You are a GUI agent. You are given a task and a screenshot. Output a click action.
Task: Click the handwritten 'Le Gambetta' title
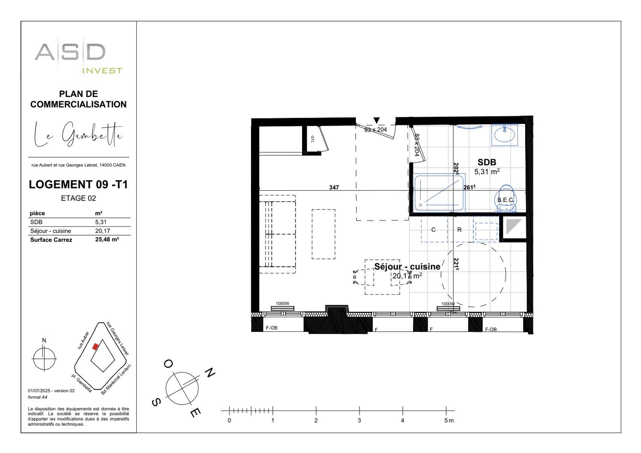point(79,135)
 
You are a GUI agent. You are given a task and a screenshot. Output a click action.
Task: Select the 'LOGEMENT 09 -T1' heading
point(79,184)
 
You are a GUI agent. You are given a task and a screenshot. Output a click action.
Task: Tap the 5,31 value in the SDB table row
point(101,222)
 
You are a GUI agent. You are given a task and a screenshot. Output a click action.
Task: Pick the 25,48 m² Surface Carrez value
point(107,240)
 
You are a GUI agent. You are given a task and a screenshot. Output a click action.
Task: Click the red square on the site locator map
point(96,346)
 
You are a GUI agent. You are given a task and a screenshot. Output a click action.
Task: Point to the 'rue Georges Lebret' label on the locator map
point(118,338)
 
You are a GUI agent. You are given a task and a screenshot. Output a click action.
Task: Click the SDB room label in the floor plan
point(487,162)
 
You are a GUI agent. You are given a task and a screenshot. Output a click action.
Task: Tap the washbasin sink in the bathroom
point(504,134)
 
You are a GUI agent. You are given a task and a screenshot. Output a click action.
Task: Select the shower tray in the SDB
point(439,193)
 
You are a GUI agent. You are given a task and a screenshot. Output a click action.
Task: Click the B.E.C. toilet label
point(505,200)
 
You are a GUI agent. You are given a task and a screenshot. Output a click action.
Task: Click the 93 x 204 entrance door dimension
point(375,129)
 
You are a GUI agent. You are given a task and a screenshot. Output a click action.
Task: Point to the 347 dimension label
point(334,187)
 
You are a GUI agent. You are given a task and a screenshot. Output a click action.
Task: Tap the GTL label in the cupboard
point(313,139)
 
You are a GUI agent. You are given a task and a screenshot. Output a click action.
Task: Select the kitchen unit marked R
point(459,230)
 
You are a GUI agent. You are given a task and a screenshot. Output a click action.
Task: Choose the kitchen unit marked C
point(433,230)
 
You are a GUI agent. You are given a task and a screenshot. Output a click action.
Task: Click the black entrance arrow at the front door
point(376,120)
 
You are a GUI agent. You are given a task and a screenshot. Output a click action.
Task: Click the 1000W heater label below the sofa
point(282,304)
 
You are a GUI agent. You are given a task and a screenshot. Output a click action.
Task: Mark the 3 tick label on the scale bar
point(359,420)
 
